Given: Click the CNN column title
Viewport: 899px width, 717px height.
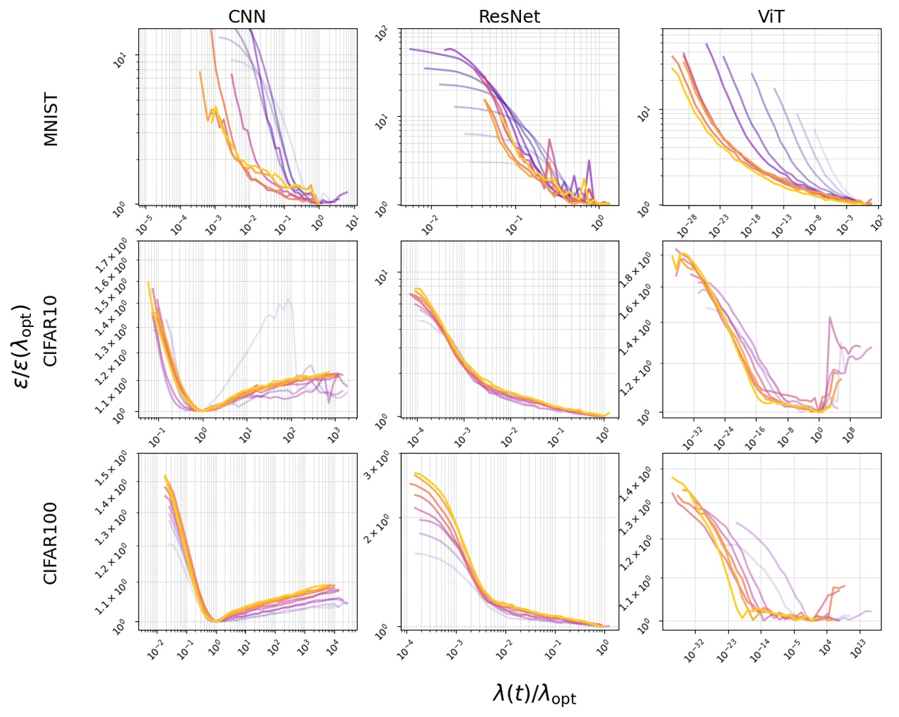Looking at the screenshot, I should (247, 16).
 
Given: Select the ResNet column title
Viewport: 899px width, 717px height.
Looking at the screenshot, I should (509, 16).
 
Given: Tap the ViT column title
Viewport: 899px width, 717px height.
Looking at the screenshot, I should (771, 16).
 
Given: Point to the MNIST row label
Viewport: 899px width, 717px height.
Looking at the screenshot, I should (51, 119).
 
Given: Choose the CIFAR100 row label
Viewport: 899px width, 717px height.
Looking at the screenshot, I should (51, 543).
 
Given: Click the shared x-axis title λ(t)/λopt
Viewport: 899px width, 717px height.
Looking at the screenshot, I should (534, 693).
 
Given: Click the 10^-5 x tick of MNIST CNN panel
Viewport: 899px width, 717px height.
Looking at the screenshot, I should (144, 225).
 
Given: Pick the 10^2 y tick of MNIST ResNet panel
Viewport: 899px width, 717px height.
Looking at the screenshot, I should (382, 33).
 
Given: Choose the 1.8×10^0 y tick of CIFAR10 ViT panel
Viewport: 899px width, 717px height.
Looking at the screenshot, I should (635, 270).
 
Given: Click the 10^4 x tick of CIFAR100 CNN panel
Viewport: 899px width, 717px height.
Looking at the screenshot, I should (333, 648).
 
